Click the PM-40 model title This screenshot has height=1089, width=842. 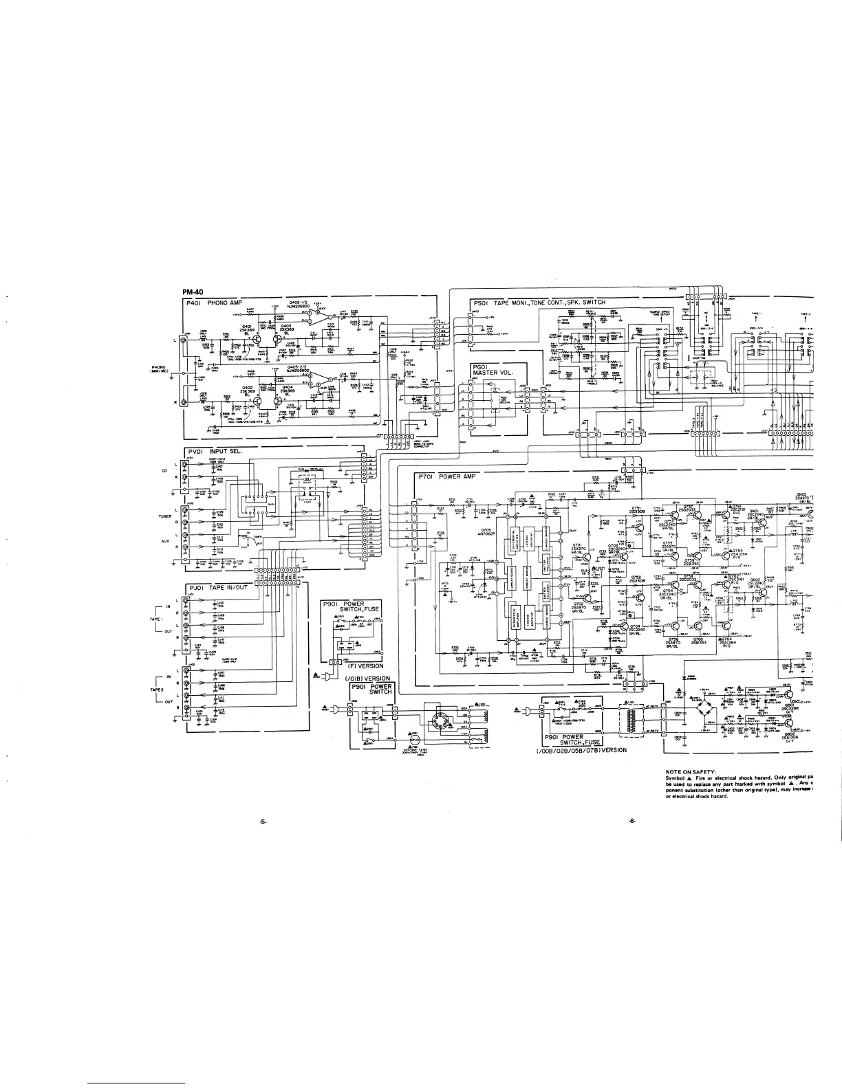(193, 294)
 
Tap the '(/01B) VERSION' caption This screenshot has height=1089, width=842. (367, 679)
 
